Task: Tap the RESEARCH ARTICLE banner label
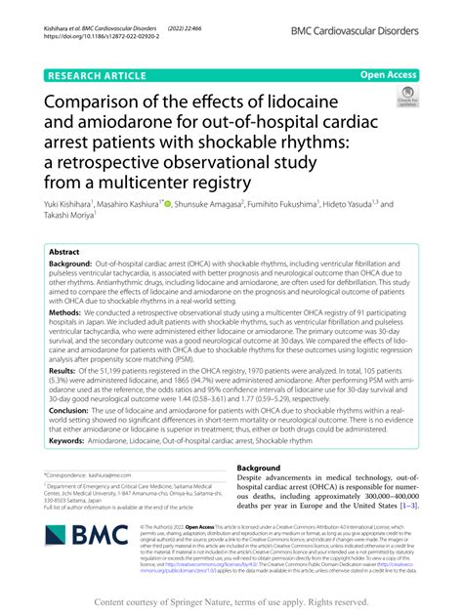tap(90, 73)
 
